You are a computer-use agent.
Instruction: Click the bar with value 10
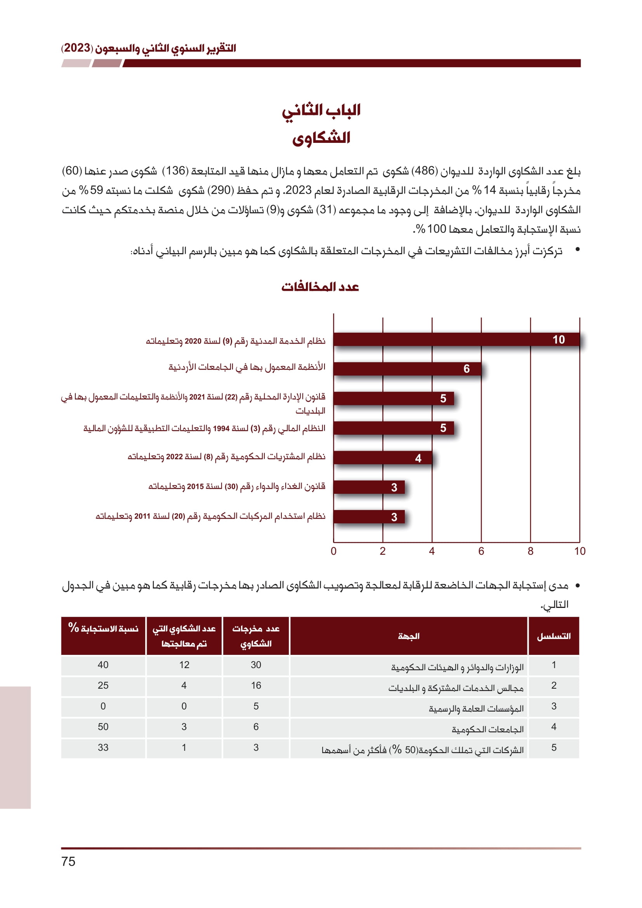pos(456,339)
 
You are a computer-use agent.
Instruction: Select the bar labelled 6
pos(407,368)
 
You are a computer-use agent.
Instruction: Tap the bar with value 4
pos(383,458)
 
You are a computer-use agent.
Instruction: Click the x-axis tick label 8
pos(530,551)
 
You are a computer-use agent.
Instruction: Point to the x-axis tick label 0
pos(333,551)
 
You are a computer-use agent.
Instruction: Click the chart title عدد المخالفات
pos(320,287)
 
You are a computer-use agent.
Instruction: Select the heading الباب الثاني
pos(321,110)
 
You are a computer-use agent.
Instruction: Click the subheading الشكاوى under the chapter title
pos(321,138)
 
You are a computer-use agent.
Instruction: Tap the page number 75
pos(68,861)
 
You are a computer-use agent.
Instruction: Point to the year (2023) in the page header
pos(78,48)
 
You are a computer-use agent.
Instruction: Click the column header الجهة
pos(409,636)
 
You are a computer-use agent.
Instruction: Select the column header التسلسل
pos(554,636)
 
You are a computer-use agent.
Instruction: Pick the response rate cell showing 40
pos(103,665)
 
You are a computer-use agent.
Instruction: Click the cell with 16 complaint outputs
pos(256,685)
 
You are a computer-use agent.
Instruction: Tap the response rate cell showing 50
pos(103,726)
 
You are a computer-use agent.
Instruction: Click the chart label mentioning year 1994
pos(204,428)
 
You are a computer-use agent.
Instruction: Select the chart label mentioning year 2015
pos(236,486)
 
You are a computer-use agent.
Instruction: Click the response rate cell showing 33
pos(103,747)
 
